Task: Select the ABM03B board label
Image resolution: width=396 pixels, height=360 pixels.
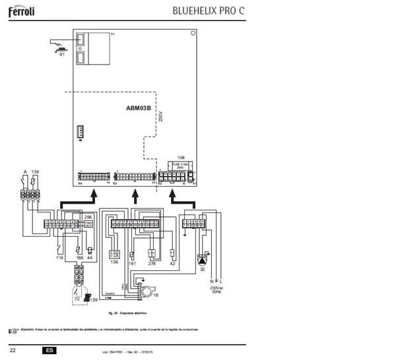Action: point(139,107)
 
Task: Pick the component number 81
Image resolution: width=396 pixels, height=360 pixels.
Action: point(62,55)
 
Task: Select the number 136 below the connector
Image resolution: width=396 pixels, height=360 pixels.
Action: point(114,262)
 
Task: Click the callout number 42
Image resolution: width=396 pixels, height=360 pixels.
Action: point(172,263)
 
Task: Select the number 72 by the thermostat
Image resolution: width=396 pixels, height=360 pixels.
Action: point(76,299)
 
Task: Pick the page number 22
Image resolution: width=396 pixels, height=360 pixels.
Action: point(13,349)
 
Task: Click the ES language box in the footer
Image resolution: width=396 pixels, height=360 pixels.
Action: point(49,349)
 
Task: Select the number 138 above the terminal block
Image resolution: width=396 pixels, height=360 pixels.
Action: point(35,171)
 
